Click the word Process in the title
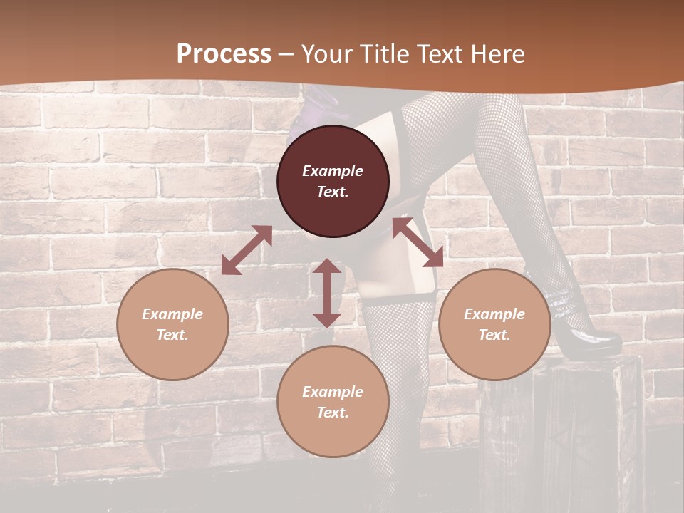(x=224, y=54)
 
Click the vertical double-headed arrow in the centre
(x=327, y=293)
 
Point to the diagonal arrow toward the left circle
(x=247, y=250)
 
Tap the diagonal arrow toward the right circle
(x=418, y=242)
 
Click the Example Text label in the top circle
(x=333, y=181)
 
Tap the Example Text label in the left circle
(x=172, y=324)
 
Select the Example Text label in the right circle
(x=494, y=324)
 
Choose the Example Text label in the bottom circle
(x=333, y=402)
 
